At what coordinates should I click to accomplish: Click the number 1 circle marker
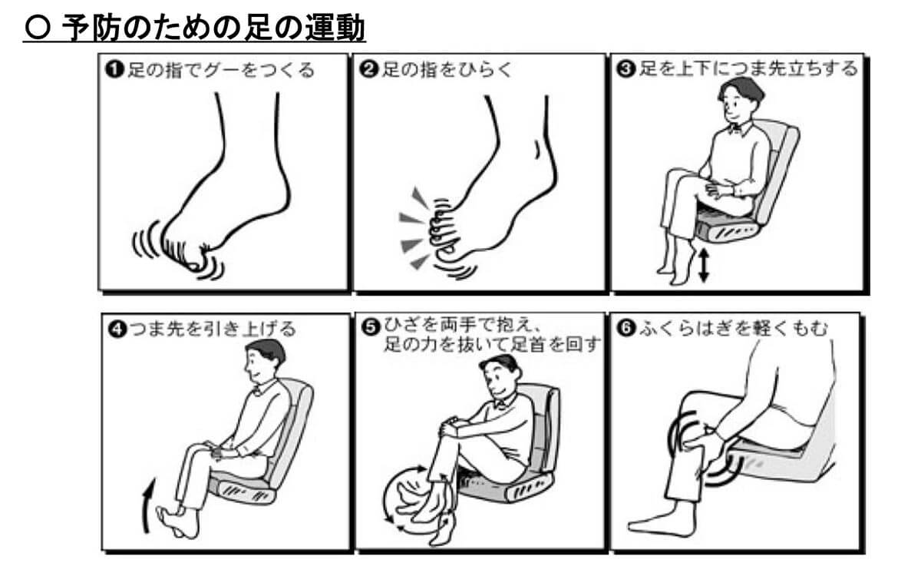click(x=114, y=69)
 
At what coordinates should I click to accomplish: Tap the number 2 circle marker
click(x=368, y=68)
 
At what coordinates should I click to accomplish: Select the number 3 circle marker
click(x=626, y=68)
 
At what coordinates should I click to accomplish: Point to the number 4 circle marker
click(x=117, y=329)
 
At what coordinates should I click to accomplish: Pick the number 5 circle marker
click(x=371, y=327)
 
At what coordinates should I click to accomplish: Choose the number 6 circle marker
click(x=626, y=329)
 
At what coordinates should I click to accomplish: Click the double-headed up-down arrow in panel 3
click(x=704, y=264)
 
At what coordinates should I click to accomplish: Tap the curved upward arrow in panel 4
click(x=148, y=505)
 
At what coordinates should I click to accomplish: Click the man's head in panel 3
click(x=739, y=100)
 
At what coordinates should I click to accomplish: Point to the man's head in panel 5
click(x=500, y=376)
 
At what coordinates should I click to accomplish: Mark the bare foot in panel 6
click(x=661, y=521)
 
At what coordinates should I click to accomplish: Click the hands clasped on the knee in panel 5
click(x=450, y=428)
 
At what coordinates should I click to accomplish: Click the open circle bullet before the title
click(x=38, y=28)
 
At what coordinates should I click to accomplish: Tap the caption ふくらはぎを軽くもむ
click(x=733, y=329)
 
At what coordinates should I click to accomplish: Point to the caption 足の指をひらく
click(x=447, y=69)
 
